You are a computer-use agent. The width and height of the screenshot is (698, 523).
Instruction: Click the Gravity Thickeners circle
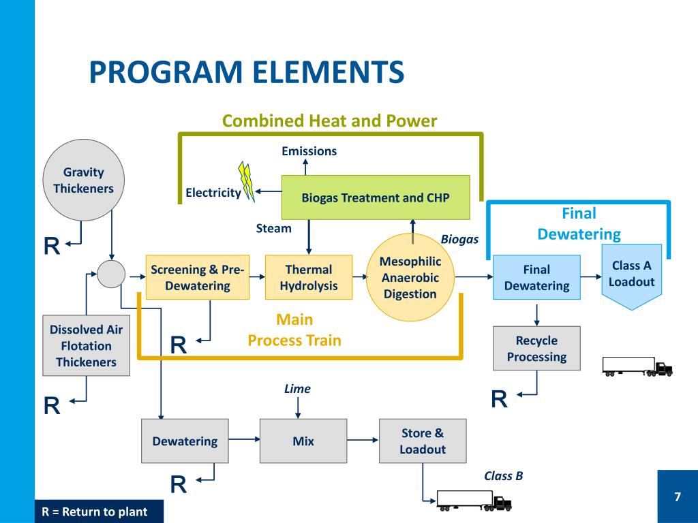pyautogui.click(x=83, y=180)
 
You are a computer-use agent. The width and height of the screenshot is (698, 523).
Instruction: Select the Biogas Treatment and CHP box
pyautogui.click(x=376, y=197)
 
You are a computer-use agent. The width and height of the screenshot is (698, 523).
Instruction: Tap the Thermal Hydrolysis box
pyautogui.click(x=308, y=278)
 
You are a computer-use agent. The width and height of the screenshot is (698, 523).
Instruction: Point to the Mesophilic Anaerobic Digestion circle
pyautogui.click(x=410, y=278)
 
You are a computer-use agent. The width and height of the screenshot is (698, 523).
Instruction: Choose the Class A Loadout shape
pyautogui.click(x=631, y=274)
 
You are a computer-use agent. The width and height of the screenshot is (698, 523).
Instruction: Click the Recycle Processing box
pyautogui.click(x=536, y=348)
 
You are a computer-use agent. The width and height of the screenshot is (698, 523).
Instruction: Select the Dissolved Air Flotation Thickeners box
pyautogui.click(x=86, y=345)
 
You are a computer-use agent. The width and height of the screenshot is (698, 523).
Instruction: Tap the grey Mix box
pyautogui.click(x=303, y=441)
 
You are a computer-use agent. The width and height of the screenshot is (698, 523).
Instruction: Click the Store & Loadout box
pyautogui.click(x=422, y=441)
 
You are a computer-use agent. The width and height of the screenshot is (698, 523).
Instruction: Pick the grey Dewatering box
pyautogui.click(x=185, y=441)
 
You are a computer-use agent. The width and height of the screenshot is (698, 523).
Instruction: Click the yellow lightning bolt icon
pyautogui.click(x=247, y=181)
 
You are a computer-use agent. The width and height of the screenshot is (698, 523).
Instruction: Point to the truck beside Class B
pyautogui.click(x=474, y=501)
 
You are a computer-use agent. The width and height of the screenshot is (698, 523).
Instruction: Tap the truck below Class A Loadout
pyautogui.click(x=637, y=367)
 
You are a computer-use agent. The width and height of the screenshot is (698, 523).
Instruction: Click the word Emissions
pyautogui.click(x=309, y=151)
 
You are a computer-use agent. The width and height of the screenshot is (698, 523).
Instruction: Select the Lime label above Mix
pyautogui.click(x=297, y=389)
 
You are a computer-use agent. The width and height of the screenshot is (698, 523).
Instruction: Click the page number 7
pyautogui.click(x=677, y=496)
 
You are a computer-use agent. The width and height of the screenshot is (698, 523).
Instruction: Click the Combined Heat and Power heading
pyautogui.click(x=330, y=121)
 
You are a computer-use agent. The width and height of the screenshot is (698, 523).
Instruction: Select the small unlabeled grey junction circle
pyautogui.click(x=111, y=274)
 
